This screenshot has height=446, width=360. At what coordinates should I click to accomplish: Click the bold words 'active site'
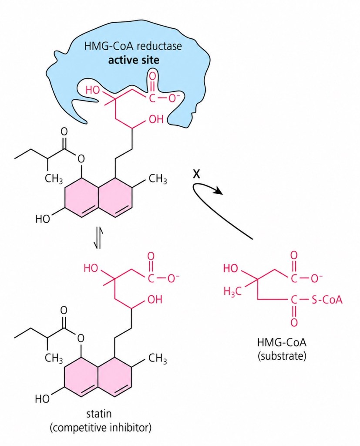click(134, 60)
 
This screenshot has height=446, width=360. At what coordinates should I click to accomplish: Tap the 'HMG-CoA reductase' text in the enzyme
click(133, 46)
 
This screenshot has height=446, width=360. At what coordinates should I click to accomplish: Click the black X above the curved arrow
click(196, 174)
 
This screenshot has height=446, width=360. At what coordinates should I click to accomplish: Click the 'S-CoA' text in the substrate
click(327, 300)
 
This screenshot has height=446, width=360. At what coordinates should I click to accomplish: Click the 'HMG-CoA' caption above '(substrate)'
click(282, 342)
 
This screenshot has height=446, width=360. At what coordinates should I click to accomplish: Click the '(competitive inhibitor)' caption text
click(101, 428)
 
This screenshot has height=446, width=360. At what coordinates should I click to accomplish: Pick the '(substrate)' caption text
click(282, 356)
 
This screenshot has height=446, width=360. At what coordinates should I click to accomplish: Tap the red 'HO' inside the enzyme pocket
click(93, 91)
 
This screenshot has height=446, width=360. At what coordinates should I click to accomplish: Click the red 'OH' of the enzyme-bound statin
click(156, 119)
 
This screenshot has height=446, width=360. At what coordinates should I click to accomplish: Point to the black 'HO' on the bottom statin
click(42, 399)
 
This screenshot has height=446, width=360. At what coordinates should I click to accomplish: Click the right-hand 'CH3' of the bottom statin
click(158, 359)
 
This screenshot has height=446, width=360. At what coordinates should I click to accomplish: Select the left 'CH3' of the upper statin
click(54, 179)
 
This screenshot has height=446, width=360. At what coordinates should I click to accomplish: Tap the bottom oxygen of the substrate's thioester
click(294, 322)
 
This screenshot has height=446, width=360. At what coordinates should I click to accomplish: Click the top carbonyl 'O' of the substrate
click(294, 255)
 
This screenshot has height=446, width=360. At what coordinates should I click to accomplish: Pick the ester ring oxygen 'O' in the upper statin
click(81, 159)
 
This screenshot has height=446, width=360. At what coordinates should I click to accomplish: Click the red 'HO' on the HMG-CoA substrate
click(231, 268)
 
